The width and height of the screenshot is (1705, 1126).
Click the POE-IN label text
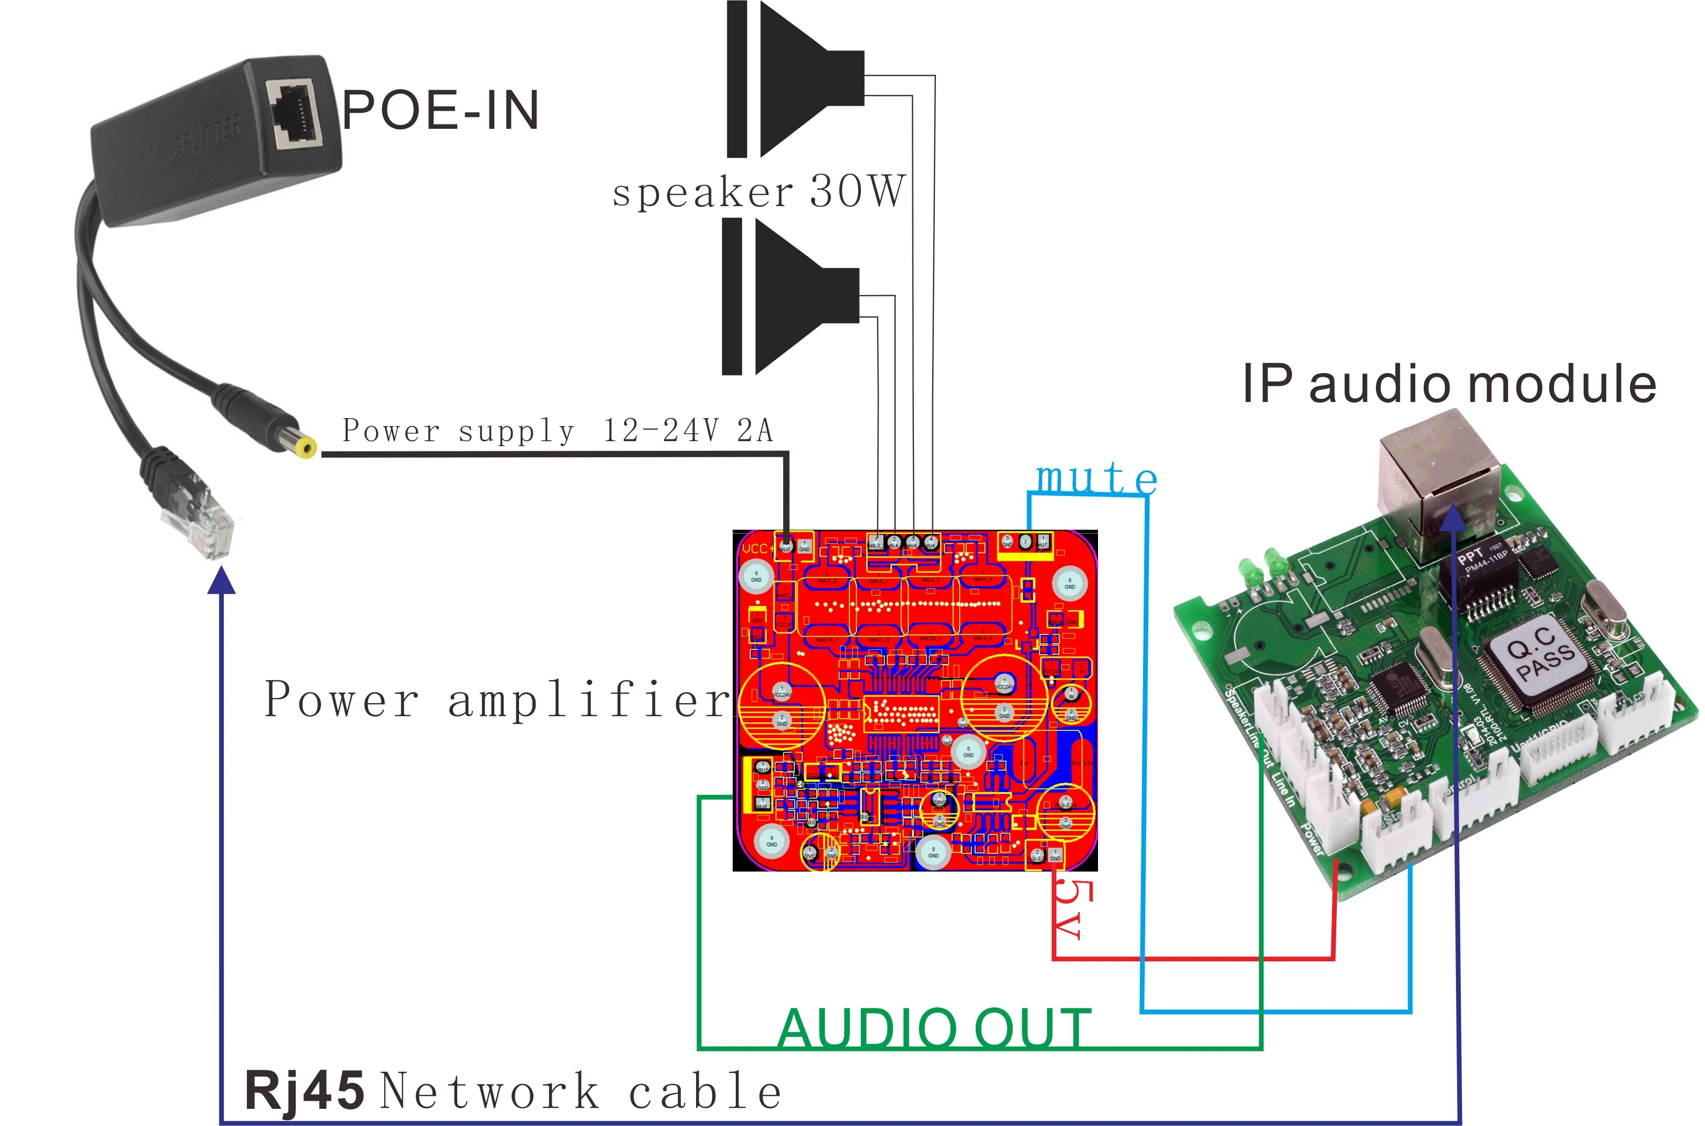point(440,111)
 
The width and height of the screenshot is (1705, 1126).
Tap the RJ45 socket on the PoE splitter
point(294,115)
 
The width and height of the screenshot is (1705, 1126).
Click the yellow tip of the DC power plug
point(308,449)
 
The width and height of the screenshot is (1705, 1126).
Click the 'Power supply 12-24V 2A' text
point(557,431)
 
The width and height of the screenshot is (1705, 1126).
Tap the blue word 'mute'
point(1096,478)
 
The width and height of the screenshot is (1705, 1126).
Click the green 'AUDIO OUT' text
point(934,1028)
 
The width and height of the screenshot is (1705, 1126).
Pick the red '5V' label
point(1073,909)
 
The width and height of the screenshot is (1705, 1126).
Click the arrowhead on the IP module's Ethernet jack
point(1452,517)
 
